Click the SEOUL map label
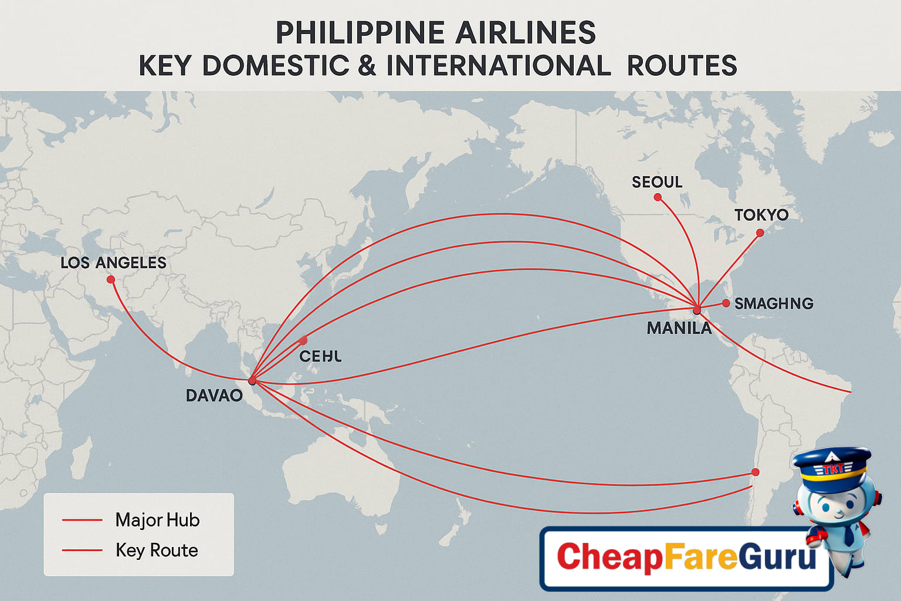click(x=657, y=182)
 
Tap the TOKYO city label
click(x=761, y=215)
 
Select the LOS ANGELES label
click(x=113, y=262)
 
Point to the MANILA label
click(x=679, y=328)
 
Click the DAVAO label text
click(x=214, y=396)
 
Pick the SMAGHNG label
click(x=774, y=303)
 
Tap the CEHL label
click(x=320, y=356)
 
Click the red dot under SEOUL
click(x=658, y=197)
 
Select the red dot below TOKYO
click(x=760, y=233)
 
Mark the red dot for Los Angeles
click(x=111, y=279)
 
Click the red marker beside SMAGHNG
click(x=726, y=303)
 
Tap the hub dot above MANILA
click(x=697, y=309)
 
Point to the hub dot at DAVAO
click(x=252, y=381)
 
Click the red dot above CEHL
click(x=303, y=340)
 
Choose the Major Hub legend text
click(x=157, y=520)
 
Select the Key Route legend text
click(x=157, y=550)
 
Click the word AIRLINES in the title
click(x=526, y=33)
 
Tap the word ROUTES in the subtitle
click(x=682, y=66)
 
